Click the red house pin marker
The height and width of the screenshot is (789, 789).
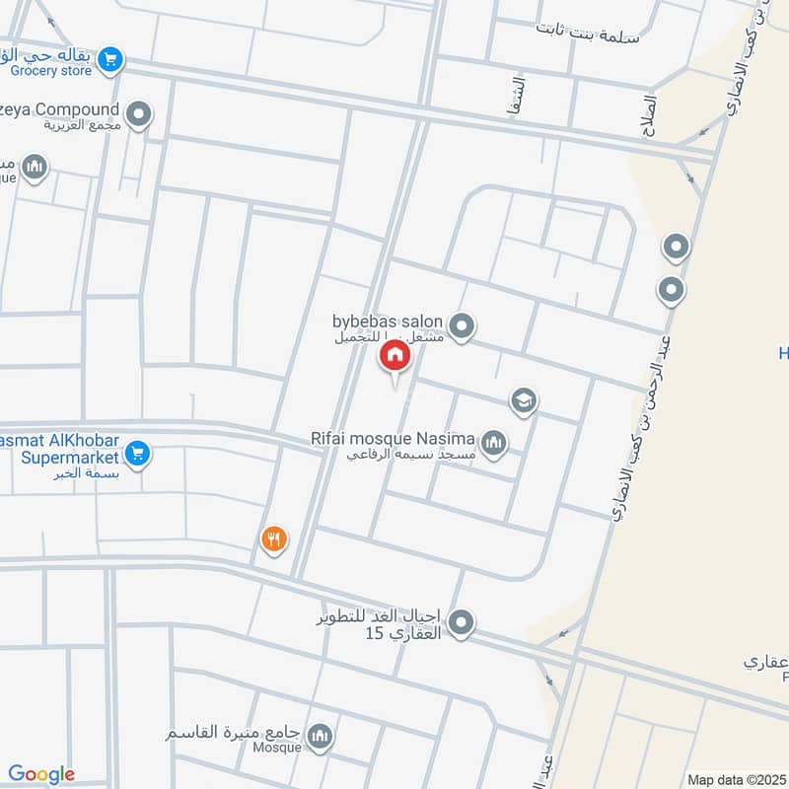pyautogui.click(x=394, y=356)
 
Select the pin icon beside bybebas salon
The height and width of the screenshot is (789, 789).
pyautogui.click(x=461, y=324)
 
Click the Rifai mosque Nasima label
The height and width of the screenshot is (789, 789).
pyautogui.click(x=405, y=438)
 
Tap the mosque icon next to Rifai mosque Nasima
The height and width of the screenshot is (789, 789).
pyautogui.click(x=494, y=443)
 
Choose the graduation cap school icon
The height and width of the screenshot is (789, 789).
pyautogui.click(x=524, y=400)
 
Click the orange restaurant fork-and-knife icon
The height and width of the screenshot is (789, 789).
pyautogui.click(x=273, y=538)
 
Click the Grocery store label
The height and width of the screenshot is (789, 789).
pyautogui.click(x=50, y=71)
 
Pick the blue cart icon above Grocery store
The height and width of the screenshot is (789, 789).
pyautogui.click(x=111, y=59)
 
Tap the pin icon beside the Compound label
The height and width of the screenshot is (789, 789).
pyautogui.click(x=139, y=114)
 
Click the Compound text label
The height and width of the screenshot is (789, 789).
pyautogui.click(x=69, y=109)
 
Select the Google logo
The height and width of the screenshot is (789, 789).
pyautogui.click(x=41, y=774)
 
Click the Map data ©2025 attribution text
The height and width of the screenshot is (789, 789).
pyautogui.click(x=735, y=779)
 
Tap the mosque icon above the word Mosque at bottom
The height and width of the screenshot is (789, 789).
pyautogui.click(x=320, y=736)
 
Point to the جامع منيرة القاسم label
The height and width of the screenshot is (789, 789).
pyautogui.click(x=233, y=735)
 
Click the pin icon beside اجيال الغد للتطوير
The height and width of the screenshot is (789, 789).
pyautogui.click(x=461, y=622)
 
